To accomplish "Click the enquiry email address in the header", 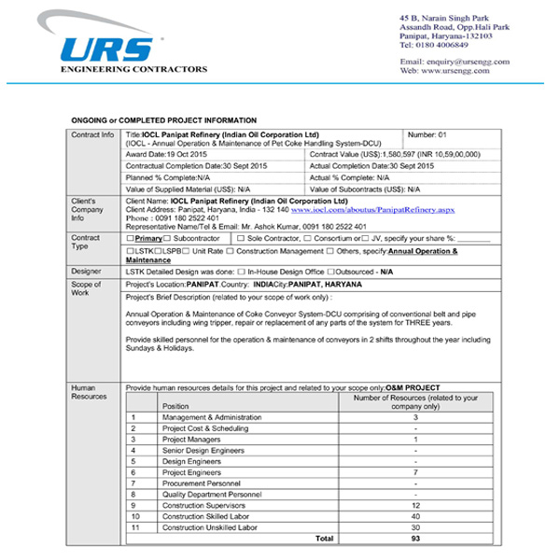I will click(456, 62).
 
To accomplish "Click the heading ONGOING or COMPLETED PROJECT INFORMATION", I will click(163, 121).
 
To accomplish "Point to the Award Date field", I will click(164, 155).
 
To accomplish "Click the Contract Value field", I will click(408, 155).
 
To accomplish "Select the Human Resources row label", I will click(90, 391).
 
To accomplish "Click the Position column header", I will click(175, 406).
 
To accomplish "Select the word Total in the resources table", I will click(324, 539).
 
